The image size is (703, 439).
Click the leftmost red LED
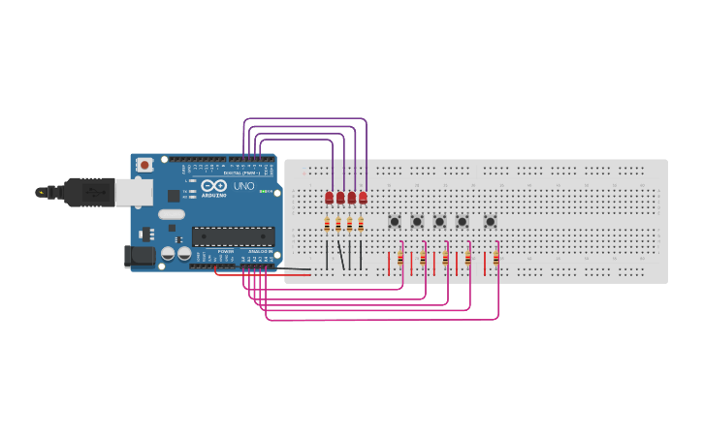pos(329,198)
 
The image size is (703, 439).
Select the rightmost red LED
pos(363,198)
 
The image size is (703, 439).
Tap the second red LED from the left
pos(340,198)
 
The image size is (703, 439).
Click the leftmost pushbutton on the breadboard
pos(395,222)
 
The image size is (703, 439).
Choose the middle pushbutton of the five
pos(439,222)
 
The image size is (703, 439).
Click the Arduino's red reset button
pos(144,165)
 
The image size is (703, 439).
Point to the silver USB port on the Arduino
pos(134,192)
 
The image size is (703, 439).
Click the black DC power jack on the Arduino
pos(140,256)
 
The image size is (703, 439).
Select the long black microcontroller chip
pos(233,235)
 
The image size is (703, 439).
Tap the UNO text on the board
pos(244,186)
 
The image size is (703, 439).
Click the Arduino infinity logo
pos(214,185)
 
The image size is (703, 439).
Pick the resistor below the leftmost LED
pos(327,225)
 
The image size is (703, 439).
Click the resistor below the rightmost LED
pos(361,225)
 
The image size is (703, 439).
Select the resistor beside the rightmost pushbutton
pos(495,259)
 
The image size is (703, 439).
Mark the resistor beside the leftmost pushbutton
pos(400,259)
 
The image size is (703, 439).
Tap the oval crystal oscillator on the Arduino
pos(172,215)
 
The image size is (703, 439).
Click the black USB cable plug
pos(88,192)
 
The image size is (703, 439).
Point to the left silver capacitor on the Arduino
pos(168,253)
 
